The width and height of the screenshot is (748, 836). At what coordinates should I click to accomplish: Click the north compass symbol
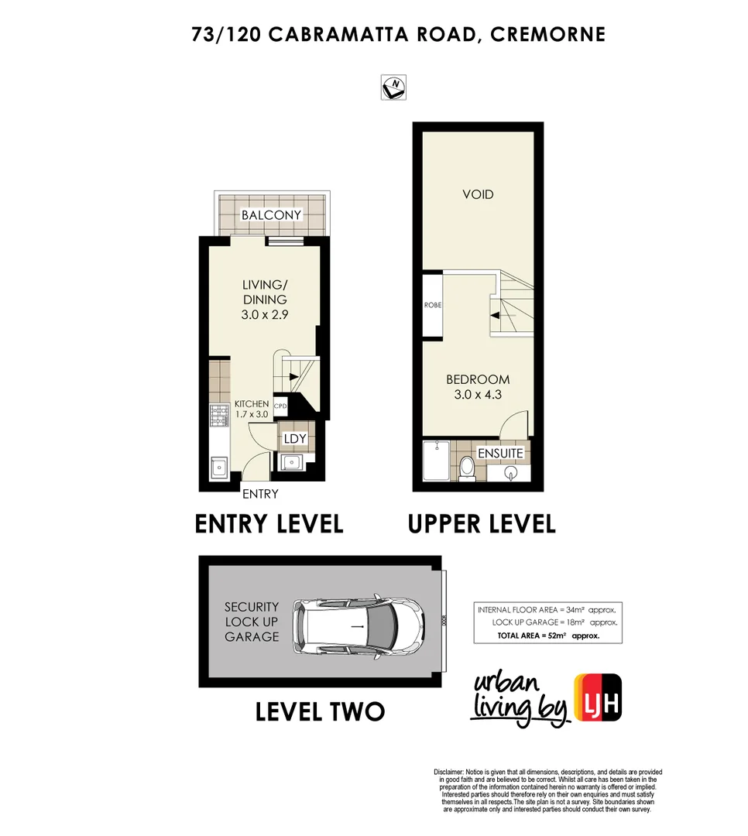click(395, 87)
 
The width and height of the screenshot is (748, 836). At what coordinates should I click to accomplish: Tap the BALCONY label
click(271, 214)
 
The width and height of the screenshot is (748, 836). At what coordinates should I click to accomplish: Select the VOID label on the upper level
click(478, 194)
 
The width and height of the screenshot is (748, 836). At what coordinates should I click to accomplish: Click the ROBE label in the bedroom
click(432, 305)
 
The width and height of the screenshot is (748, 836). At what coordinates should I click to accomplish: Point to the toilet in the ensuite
click(467, 467)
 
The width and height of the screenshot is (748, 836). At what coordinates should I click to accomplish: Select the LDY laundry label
click(295, 439)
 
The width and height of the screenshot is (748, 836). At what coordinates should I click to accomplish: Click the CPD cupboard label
click(280, 405)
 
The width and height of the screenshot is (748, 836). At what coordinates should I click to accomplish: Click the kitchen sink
click(218, 468)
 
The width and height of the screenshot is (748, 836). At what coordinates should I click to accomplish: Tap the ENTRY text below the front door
click(260, 494)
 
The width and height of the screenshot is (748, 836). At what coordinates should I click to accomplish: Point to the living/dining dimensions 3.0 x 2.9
click(264, 314)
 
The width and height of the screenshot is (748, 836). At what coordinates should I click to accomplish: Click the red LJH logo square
click(598, 697)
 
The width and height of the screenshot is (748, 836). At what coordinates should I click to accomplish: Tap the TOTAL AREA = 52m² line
click(549, 635)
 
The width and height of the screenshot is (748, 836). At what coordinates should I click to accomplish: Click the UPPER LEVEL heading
click(482, 524)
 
